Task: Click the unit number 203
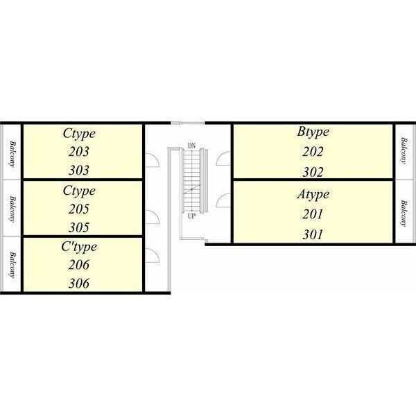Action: tap(79, 152)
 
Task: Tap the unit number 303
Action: tap(79, 171)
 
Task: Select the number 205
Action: tap(79, 209)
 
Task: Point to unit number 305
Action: tap(79, 227)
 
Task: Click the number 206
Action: tap(79, 265)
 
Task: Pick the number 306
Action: tap(79, 284)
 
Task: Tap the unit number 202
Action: tap(313, 152)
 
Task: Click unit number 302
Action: tap(313, 172)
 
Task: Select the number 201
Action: tap(313, 214)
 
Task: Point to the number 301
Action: tap(313, 234)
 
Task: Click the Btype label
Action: tap(313, 132)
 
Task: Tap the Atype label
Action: tap(313, 195)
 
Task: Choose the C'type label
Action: tap(79, 248)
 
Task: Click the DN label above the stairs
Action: tap(191, 146)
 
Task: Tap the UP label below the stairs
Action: tap(191, 216)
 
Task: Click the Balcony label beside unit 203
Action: tap(12, 154)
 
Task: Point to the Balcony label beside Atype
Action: tap(404, 214)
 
